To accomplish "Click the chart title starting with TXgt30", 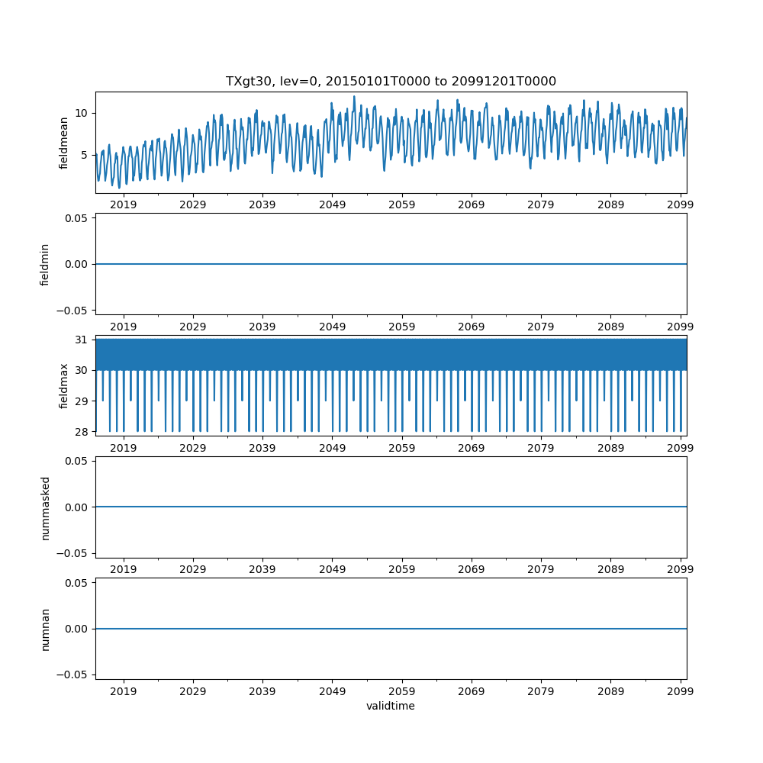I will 391,81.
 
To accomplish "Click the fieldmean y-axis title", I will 64,142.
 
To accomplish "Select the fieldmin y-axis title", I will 45,264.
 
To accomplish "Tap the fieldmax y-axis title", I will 64,385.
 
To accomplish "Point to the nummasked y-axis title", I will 45,507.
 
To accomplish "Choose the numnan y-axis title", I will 45,629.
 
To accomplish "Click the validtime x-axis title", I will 391,706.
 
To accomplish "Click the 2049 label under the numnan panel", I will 332,692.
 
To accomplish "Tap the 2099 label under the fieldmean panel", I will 680,205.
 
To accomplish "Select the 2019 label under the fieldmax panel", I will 124,449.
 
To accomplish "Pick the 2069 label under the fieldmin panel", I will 472,327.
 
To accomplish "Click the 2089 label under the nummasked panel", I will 610,570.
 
